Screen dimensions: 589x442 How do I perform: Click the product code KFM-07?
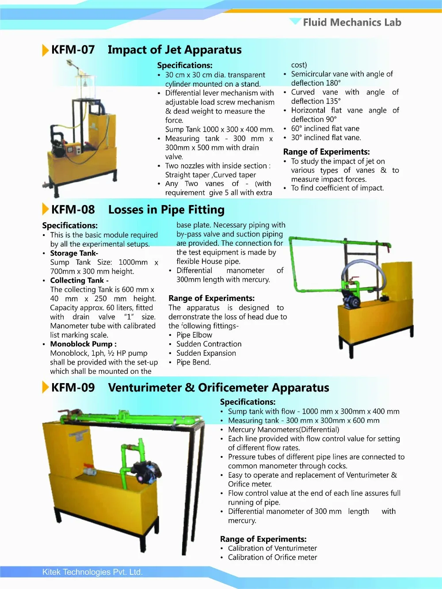click(73, 49)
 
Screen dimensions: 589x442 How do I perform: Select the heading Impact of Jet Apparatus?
click(175, 49)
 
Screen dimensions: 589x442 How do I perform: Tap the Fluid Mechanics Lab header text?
click(352, 22)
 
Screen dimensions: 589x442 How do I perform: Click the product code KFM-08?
click(73, 209)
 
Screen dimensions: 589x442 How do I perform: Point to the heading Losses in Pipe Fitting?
click(166, 209)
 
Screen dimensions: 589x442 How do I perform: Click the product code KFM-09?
click(73, 388)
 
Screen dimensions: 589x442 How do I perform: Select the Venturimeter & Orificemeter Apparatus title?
click(218, 388)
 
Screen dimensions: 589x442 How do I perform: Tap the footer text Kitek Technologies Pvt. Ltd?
click(92, 572)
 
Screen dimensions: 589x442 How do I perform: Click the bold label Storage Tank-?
click(74, 253)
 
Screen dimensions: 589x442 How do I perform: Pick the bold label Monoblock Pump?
click(83, 344)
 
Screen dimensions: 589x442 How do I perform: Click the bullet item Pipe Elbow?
click(194, 335)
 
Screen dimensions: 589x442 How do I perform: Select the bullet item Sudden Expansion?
click(206, 353)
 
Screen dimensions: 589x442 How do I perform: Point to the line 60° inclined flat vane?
click(325, 129)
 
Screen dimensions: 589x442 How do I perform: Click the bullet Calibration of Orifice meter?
click(272, 557)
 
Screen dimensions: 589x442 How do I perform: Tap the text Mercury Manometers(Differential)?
click(283, 429)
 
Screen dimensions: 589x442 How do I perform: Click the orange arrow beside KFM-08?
click(45, 209)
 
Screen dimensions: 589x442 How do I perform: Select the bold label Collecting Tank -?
click(79, 281)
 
